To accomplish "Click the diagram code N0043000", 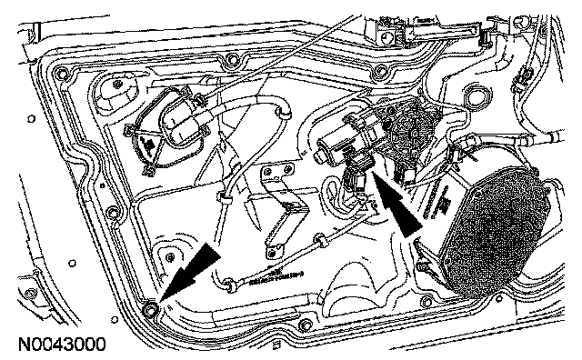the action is point(62,344).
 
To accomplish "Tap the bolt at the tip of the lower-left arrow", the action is point(150,310).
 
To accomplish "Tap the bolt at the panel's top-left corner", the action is point(61,73).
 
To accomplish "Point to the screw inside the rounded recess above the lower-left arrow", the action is point(170,256).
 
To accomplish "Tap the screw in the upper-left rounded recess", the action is point(117,84).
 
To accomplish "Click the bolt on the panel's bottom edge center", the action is point(304,325).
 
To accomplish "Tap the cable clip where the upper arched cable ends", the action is point(285,112).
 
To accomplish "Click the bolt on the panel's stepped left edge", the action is point(112,214).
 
